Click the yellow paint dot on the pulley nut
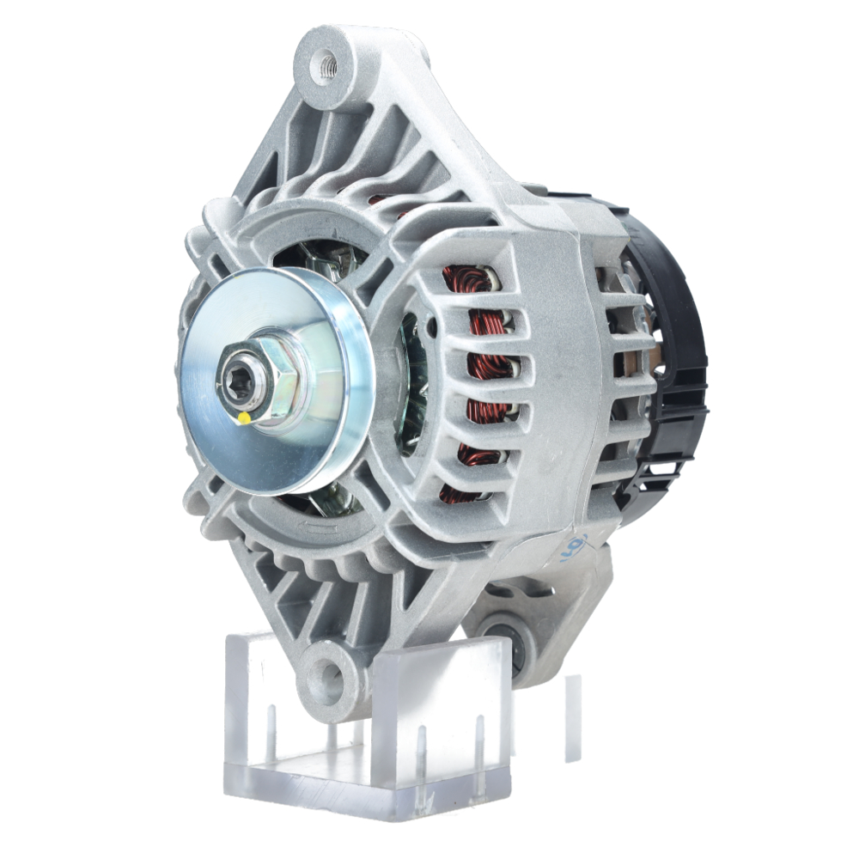pos(244,418)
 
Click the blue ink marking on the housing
pos(574,547)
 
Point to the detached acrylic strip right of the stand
pos(572,717)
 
